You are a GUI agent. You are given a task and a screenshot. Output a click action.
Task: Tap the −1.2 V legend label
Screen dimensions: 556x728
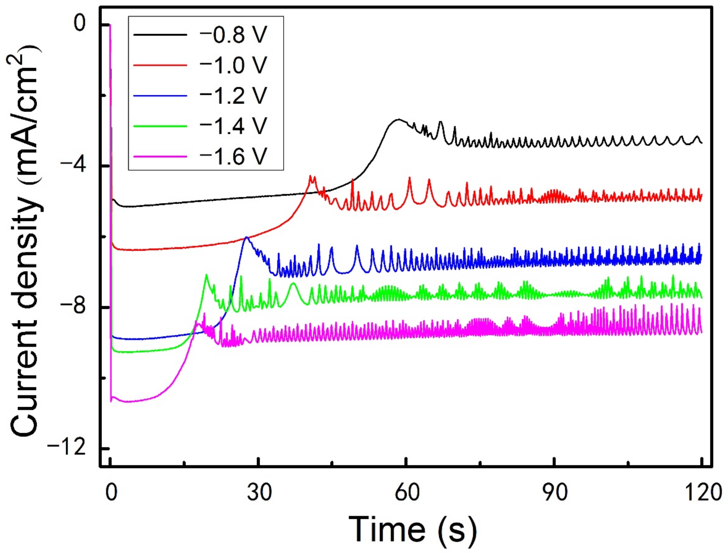tap(233, 96)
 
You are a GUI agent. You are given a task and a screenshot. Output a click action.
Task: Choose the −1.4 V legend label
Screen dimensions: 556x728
tap(233, 126)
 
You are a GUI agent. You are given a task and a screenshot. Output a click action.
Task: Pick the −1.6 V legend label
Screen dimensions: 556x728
tap(233, 156)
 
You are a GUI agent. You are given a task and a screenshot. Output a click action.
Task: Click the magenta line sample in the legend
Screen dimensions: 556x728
tap(160, 156)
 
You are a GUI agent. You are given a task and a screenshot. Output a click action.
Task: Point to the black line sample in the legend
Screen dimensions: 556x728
tap(160, 35)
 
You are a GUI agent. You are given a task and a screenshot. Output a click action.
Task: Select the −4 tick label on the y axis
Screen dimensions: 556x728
tap(72, 166)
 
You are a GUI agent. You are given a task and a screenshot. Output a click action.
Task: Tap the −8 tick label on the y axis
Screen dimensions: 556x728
tap(72, 307)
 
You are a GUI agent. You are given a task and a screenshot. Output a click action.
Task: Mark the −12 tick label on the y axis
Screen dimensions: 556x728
tap(67, 448)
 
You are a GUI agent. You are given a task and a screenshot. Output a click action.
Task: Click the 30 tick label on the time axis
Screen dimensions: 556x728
tap(259, 492)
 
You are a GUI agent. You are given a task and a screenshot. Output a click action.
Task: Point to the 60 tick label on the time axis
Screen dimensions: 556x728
tap(407, 492)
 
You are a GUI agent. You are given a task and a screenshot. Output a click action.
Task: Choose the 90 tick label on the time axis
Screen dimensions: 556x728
tap(554, 492)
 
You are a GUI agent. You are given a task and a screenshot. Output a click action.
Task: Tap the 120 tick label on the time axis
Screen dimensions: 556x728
tap(702, 492)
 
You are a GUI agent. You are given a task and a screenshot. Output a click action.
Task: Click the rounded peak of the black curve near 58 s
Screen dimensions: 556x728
tap(398, 119)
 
